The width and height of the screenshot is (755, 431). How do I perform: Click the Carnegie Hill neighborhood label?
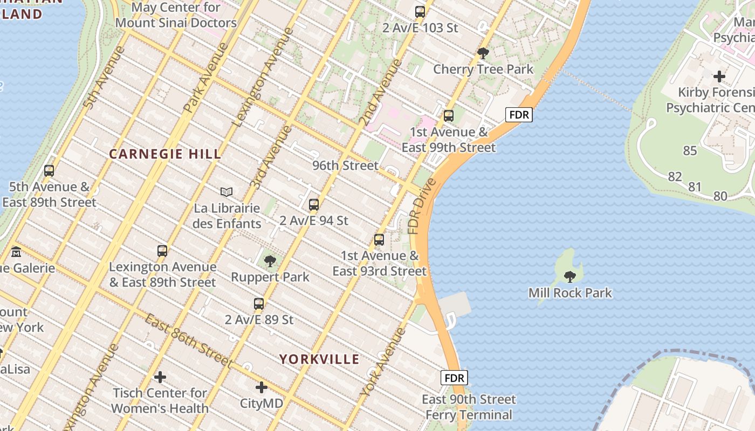[x=165, y=154]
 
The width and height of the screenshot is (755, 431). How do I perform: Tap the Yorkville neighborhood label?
[x=319, y=359]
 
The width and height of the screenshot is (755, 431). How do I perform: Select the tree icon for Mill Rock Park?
[x=569, y=277]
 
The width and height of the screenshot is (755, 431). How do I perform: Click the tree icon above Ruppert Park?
[x=270, y=261]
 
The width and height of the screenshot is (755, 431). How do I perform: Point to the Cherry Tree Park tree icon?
[x=483, y=53]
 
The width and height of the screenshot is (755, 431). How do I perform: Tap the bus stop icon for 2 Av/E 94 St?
[x=314, y=205]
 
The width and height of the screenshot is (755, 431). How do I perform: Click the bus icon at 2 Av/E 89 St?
[x=259, y=304]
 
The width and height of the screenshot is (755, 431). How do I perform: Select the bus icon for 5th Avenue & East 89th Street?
[x=49, y=171]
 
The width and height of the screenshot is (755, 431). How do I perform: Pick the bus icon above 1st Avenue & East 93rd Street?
[x=379, y=240]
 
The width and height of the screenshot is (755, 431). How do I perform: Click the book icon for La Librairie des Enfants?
[x=226, y=192]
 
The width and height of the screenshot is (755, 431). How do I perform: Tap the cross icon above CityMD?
[x=262, y=387]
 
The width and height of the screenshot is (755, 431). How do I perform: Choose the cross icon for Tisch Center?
[x=160, y=377]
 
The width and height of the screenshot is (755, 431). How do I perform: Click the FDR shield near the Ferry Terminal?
[x=454, y=378]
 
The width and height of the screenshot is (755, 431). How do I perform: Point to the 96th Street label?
[x=345, y=165]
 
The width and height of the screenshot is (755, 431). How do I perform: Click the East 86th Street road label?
[x=188, y=341]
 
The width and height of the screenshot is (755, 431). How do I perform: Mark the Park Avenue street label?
[x=206, y=78]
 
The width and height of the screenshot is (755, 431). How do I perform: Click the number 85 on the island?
[x=690, y=151]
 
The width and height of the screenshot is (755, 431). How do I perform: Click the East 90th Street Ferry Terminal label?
[x=469, y=407]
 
